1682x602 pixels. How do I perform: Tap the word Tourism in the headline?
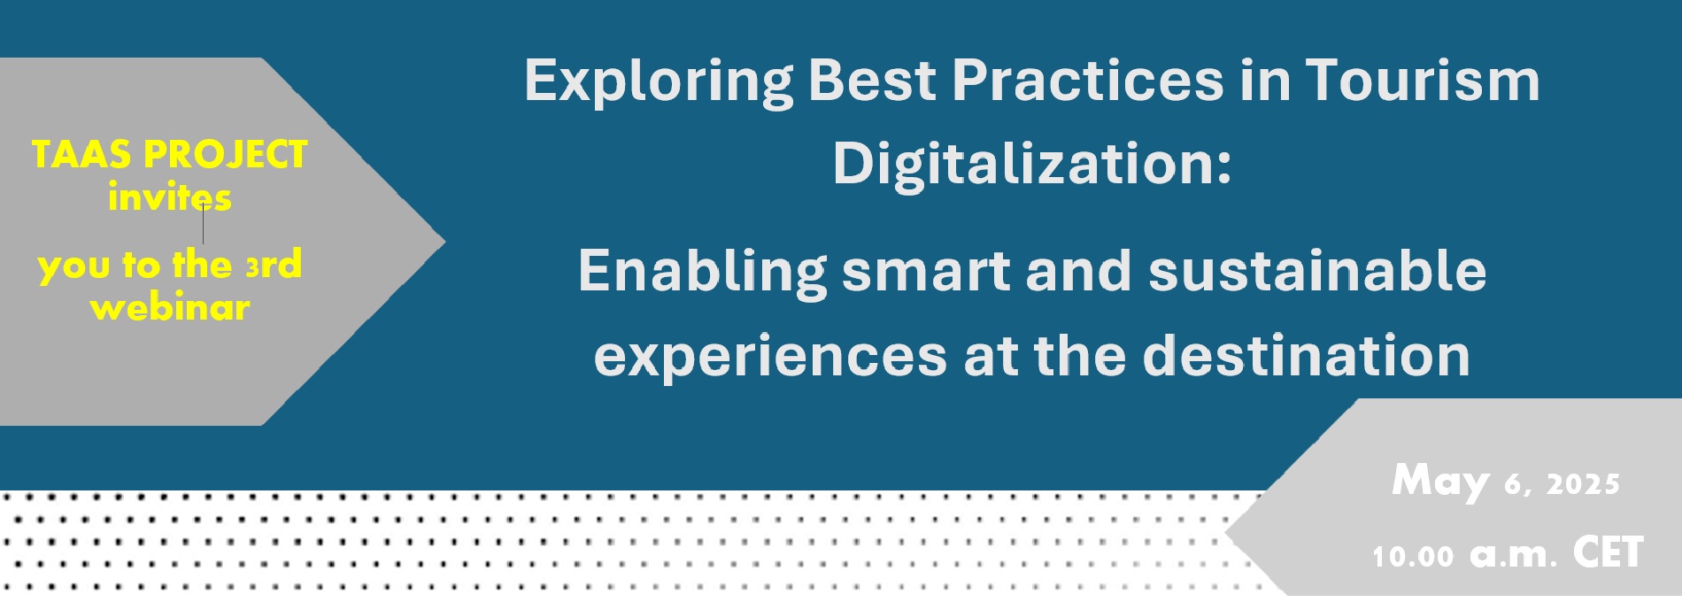1423,81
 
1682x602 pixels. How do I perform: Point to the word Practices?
1088,81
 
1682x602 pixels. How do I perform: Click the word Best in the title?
872,81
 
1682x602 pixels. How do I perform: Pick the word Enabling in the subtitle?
703,271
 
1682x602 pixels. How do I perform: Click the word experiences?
771,357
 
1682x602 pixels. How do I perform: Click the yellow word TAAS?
81,155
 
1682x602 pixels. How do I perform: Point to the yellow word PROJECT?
226,155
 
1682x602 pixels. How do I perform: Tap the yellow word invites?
170,197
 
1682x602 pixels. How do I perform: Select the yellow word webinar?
170,307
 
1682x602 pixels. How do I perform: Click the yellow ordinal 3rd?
274,265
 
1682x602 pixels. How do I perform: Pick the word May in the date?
1440,482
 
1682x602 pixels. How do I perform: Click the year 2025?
1583,484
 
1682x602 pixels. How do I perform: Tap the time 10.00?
1413,556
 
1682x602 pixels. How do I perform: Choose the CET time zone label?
1608,552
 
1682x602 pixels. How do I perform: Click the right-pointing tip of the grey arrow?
445,240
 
